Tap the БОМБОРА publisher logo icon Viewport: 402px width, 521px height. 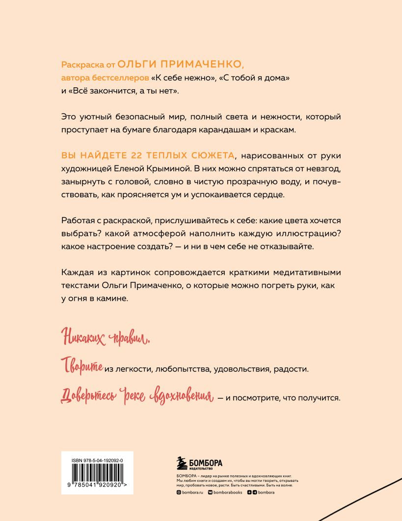(x=183, y=465)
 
